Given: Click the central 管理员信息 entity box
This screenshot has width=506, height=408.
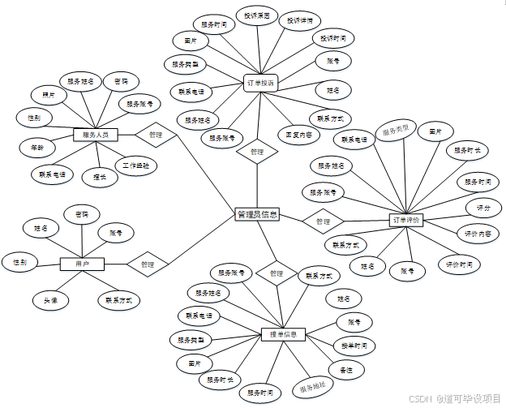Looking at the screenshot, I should [256, 215].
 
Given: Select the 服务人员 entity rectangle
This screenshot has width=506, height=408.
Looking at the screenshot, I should [96, 135].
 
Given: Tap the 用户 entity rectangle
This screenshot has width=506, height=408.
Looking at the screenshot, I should [81, 264].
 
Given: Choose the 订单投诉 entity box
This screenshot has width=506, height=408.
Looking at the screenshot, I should [260, 83].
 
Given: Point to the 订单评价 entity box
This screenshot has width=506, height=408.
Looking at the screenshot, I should [405, 220].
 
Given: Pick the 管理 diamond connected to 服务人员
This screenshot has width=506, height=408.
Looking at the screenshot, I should [156, 135].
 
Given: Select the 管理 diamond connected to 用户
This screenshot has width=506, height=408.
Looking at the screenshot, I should [147, 264].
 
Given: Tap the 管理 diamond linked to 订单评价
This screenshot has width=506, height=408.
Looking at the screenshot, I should [323, 221].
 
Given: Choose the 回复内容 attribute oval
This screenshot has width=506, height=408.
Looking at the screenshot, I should [298, 134].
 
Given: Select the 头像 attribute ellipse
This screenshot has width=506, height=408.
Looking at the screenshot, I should [50, 299].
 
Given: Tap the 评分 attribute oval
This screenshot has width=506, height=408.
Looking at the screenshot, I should [483, 208].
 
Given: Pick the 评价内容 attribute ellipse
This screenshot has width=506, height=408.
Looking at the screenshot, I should [477, 234].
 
